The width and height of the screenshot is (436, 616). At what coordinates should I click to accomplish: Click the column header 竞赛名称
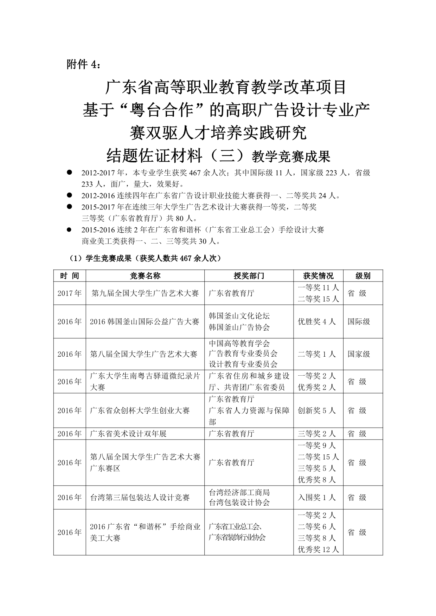point(145,276)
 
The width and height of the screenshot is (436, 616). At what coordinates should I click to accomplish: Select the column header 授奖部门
point(249,276)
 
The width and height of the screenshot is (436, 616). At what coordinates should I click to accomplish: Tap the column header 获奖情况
point(318,276)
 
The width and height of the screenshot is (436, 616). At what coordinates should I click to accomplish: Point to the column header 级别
point(363,276)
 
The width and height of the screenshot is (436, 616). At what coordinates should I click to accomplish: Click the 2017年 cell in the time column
point(70,293)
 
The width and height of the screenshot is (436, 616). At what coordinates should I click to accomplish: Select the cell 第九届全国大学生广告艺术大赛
point(145,293)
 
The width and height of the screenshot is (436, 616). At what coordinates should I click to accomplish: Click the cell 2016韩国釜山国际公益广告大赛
point(145,322)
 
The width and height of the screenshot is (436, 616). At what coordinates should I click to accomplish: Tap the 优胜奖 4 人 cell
point(316,322)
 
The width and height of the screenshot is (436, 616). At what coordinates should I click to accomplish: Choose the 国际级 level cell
point(359,322)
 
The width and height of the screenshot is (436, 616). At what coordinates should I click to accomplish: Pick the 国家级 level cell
point(359,354)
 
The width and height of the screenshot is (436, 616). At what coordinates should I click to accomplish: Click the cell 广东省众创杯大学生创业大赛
point(140,410)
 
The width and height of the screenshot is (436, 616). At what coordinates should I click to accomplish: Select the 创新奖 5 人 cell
point(316,410)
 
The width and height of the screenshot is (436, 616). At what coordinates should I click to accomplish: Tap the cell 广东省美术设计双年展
point(128,434)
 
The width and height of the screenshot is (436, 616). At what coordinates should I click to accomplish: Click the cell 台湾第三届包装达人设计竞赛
point(140,498)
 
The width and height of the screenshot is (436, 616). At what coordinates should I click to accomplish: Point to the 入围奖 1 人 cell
point(316,498)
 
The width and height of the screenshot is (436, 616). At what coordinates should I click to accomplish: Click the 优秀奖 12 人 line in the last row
point(318,549)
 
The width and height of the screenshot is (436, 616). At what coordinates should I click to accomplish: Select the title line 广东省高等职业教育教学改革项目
point(226,87)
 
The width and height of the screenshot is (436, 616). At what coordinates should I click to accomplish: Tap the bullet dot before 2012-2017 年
point(69,172)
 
